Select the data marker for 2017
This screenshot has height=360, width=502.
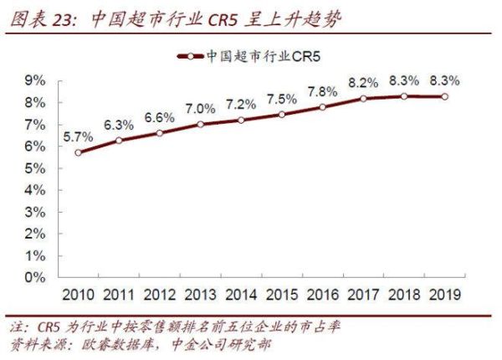pyautogui.click(x=364, y=98)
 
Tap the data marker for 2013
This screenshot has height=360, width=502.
pyautogui.click(x=201, y=124)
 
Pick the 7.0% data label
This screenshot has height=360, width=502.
pyautogui.click(x=201, y=107)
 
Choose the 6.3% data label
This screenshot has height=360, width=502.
pyautogui.click(x=119, y=124)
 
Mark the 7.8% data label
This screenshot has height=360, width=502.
pyautogui.click(x=322, y=90)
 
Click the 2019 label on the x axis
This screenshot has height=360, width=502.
pyautogui.click(x=444, y=295)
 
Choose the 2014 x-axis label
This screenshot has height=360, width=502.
pyautogui.click(x=241, y=295)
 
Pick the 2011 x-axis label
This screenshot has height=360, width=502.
pyautogui.click(x=119, y=295)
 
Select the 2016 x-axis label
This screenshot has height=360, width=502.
pyautogui.click(x=322, y=295)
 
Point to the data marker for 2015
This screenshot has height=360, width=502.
pyautogui.click(x=282, y=113)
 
